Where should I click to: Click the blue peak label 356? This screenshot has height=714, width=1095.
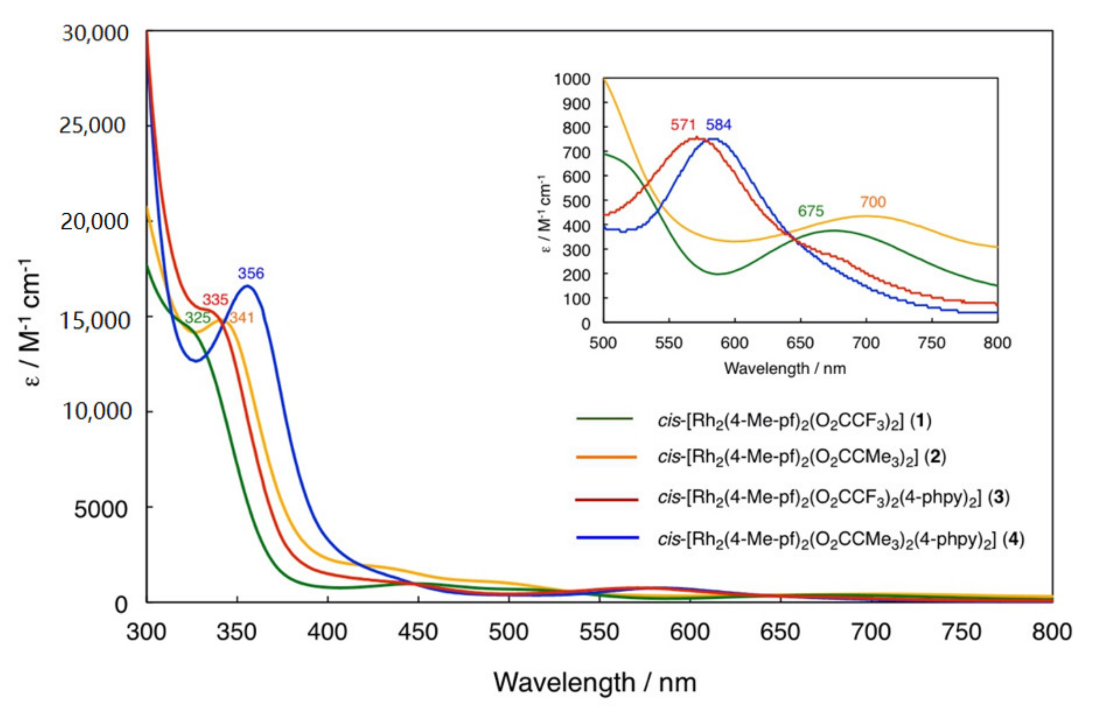(x=251, y=274)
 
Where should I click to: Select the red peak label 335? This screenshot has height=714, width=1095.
(x=215, y=300)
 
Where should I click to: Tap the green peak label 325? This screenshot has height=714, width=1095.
(x=198, y=317)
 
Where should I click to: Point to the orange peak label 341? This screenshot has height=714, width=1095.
(x=241, y=317)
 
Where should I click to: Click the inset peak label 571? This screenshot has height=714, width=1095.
(x=683, y=125)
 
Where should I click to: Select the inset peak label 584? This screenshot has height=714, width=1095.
(x=719, y=125)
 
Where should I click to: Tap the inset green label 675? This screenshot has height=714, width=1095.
(x=810, y=211)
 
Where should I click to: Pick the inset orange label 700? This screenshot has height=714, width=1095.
(x=873, y=202)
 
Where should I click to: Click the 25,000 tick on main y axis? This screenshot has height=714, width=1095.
(x=92, y=126)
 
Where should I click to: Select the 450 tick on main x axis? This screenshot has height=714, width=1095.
(x=418, y=632)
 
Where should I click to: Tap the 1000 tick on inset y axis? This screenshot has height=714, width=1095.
(x=572, y=79)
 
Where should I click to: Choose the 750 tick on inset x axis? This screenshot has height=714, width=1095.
(x=932, y=343)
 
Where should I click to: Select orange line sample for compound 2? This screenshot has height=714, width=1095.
(x=606, y=458)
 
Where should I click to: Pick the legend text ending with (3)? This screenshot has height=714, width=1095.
(x=833, y=499)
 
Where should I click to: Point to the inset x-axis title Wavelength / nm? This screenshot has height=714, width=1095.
(x=785, y=368)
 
